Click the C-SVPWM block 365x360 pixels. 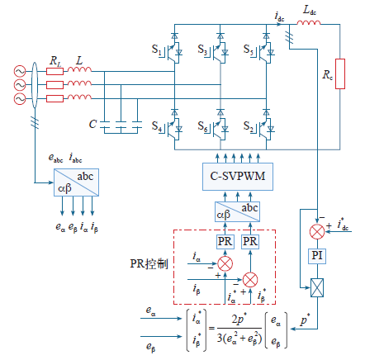point(238,177)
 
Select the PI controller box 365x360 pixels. point(317,256)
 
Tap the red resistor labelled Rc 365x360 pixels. point(340,73)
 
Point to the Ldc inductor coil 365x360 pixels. point(309,22)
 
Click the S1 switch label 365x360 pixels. point(156,50)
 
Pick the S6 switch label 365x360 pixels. point(202,126)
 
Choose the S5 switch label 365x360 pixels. point(249,50)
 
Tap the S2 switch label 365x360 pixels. point(249,126)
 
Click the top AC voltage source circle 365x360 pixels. point(20,71)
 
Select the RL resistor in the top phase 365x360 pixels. point(55,72)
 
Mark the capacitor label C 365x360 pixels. point(92,124)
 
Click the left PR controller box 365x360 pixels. point(225,242)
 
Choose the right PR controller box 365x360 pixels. point(250,242)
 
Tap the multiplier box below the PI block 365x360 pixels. point(317,288)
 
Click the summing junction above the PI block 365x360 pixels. point(317,232)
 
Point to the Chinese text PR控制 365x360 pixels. point(149,263)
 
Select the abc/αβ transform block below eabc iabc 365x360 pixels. point(76,182)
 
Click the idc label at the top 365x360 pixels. point(279,17)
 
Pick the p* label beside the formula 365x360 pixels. point(305,320)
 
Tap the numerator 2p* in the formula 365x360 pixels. point(239,320)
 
